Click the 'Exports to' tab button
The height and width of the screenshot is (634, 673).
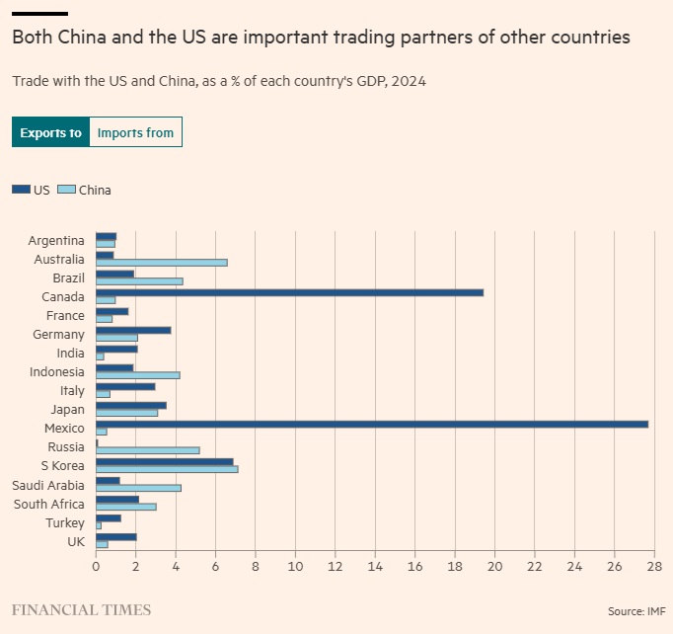click(50, 132)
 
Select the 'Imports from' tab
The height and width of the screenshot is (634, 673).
click(135, 132)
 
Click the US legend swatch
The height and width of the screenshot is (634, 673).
click(21, 190)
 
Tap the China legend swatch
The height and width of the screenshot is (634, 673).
click(66, 190)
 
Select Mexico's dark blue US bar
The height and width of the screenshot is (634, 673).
click(371, 424)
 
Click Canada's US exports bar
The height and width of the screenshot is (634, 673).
click(289, 292)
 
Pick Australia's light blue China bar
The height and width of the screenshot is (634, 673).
click(161, 263)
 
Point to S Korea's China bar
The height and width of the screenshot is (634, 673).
click(167, 469)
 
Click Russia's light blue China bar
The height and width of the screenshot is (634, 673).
click(147, 450)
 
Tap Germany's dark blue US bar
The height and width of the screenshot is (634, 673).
click(133, 330)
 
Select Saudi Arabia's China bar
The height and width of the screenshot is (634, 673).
click(138, 488)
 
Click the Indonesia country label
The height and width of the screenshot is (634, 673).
click(56, 372)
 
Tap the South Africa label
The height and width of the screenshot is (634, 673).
click(48, 504)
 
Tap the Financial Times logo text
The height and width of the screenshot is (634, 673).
click(81, 609)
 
